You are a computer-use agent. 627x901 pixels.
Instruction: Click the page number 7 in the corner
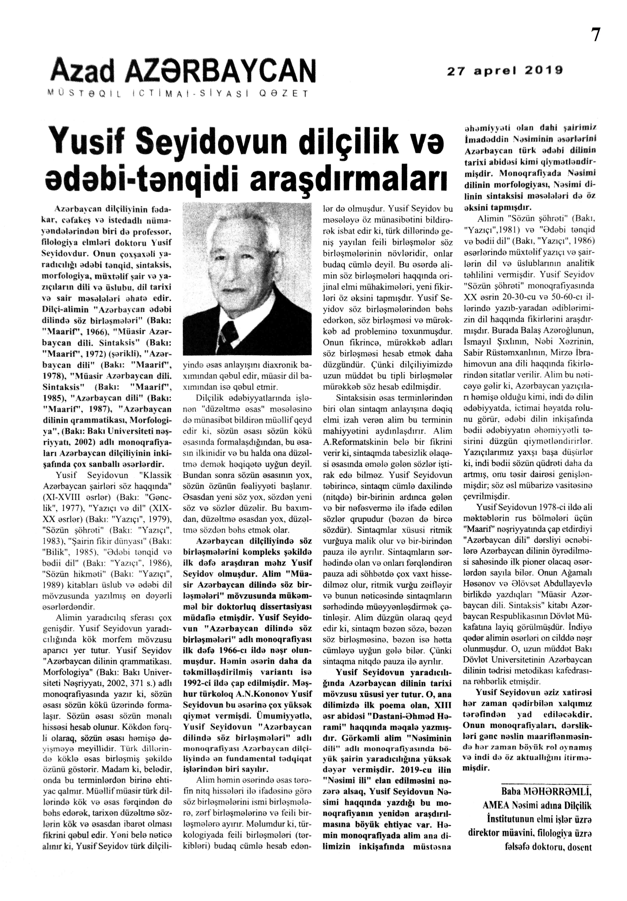(x=595, y=35)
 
